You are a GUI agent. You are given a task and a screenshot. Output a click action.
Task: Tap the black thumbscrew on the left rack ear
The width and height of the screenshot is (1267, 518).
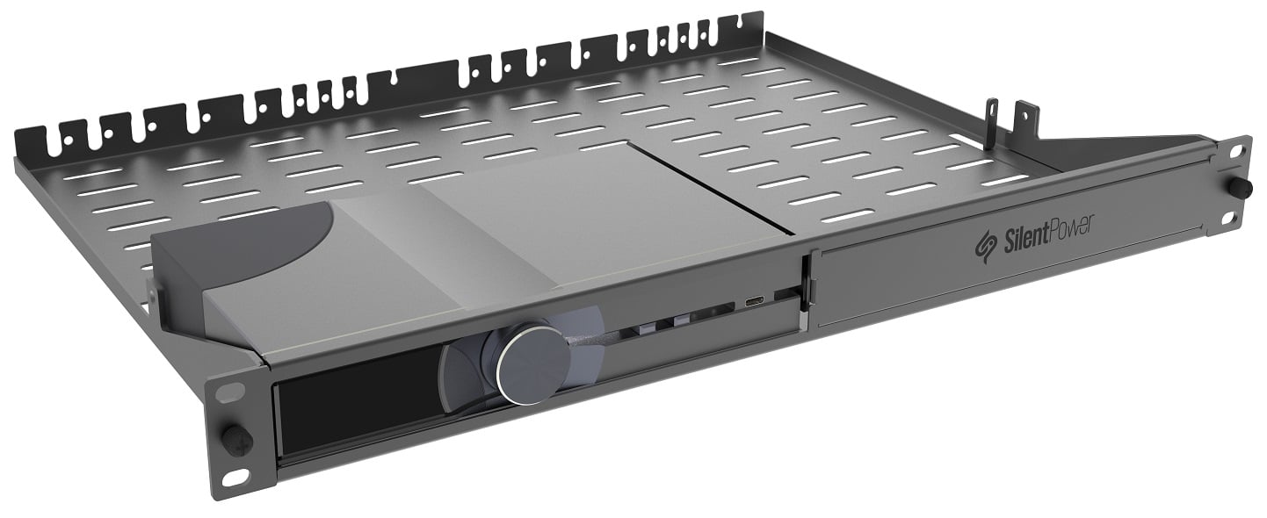235,436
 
